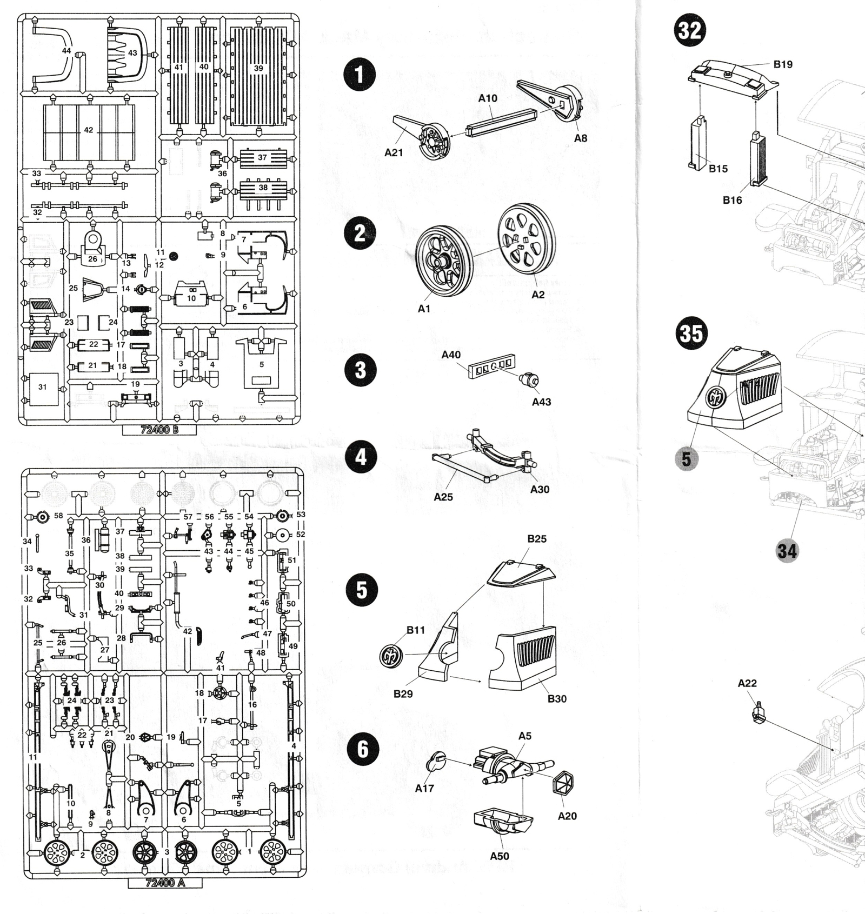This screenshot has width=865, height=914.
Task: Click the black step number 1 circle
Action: pyautogui.click(x=360, y=75)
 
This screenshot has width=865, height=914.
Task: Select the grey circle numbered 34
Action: pyautogui.click(x=787, y=551)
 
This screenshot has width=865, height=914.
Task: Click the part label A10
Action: pyautogui.click(x=487, y=98)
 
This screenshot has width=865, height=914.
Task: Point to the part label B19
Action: pyautogui.click(x=782, y=65)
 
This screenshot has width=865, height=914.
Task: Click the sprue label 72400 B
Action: pyautogui.click(x=159, y=430)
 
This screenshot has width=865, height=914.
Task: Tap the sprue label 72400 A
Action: pyautogui.click(x=165, y=883)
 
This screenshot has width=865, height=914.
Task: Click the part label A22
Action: pyautogui.click(x=747, y=683)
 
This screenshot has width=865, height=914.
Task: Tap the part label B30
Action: pyautogui.click(x=557, y=699)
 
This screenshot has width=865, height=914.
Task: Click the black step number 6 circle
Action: pyautogui.click(x=362, y=749)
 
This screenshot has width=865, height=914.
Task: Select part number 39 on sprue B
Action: pyautogui.click(x=258, y=68)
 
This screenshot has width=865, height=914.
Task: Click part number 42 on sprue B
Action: pyautogui.click(x=89, y=130)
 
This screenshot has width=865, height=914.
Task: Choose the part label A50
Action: pyautogui.click(x=500, y=856)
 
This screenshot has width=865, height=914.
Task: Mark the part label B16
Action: pyautogui.click(x=733, y=201)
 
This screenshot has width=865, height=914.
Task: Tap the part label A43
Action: pyautogui.click(x=541, y=402)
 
